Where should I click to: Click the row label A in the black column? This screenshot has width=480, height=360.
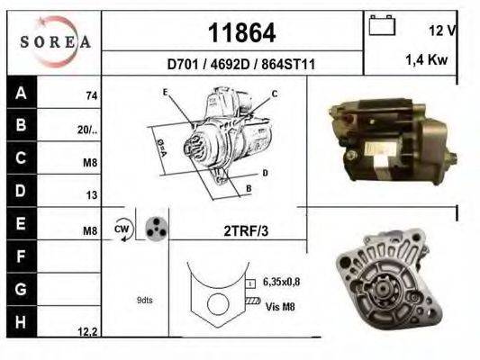21,92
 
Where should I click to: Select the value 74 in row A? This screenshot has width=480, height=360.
91,95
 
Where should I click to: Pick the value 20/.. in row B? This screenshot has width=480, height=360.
87,129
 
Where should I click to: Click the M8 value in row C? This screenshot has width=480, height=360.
90,163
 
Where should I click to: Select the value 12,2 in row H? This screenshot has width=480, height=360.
87,332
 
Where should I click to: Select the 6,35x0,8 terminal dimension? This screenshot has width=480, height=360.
282,283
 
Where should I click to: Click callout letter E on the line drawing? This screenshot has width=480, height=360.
165,93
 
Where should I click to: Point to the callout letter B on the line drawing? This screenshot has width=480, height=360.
248,189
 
